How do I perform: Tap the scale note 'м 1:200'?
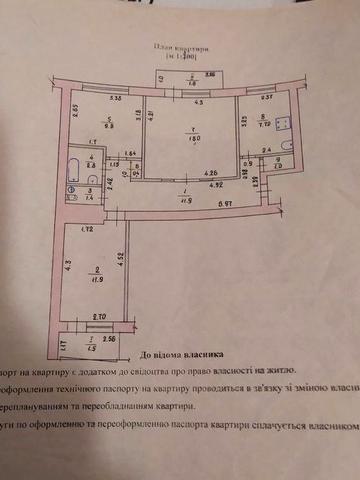pyautogui.click(x=180, y=58)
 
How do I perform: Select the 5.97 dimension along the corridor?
pyautogui.click(x=229, y=204)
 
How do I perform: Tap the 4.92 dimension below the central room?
pyautogui.click(x=214, y=184)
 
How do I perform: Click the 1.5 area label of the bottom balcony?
pyautogui.click(x=88, y=348)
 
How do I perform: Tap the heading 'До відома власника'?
pyautogui.click(x=189, y=354)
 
